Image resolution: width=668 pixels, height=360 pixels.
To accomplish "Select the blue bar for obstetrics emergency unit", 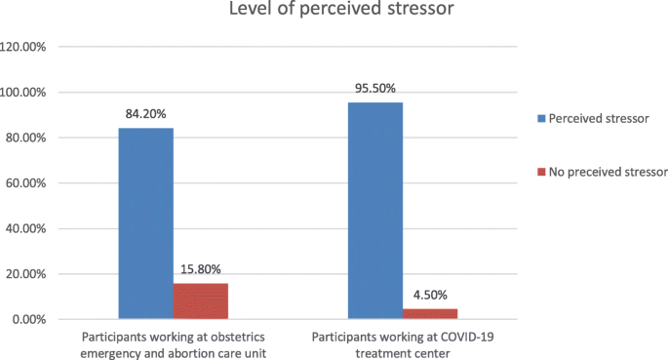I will click(x=146, y=223).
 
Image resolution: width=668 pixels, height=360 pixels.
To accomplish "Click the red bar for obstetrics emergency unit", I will click(x=200, y=300).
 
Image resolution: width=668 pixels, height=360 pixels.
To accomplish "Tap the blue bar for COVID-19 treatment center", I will click(x=375, y=211).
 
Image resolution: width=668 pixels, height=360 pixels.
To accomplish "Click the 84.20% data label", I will click(x=146, y=113).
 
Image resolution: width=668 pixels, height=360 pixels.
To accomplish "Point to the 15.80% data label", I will click(x=200, y=268).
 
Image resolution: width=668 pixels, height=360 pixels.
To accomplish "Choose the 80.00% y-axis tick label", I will click(x=32, y=138).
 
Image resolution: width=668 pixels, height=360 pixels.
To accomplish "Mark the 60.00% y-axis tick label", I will click(x=32, y=183).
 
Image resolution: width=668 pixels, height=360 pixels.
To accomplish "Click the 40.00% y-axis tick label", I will click(x=32, y=229).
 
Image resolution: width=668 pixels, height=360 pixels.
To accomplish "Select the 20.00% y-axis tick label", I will click(x=32, y=274).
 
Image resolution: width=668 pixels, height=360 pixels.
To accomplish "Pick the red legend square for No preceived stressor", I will click(x=541, y=172).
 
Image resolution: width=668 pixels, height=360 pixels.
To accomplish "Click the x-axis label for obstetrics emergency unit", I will click(x=173, y=343).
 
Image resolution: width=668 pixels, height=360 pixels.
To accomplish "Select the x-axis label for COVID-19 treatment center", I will click(x=403, y=343).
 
